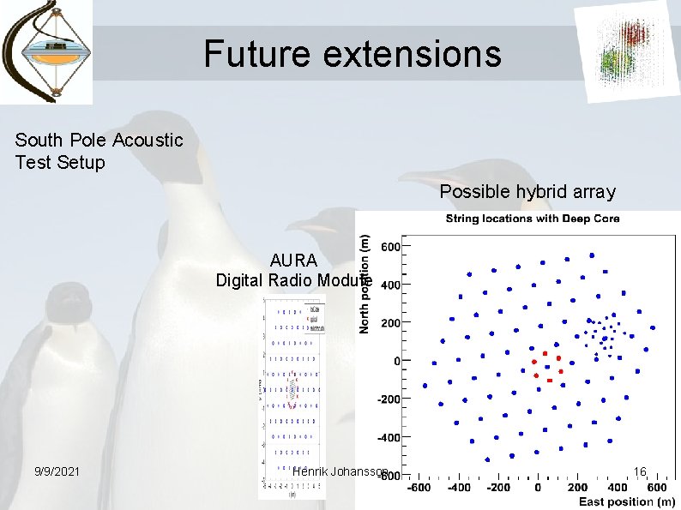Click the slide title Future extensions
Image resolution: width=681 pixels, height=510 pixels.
tap(352, 54)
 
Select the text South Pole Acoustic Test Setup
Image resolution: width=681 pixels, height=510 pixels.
tap(99, 151)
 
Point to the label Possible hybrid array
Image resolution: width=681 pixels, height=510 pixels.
tap(527, 192)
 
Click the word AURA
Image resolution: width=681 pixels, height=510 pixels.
tap(293, 261)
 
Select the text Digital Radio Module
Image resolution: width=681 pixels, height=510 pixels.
tap(292, 279)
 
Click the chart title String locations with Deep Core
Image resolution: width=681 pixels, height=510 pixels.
tap(532, 219)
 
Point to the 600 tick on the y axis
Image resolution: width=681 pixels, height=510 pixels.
tap(389, 246)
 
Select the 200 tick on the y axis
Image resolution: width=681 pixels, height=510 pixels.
tap(389, 322)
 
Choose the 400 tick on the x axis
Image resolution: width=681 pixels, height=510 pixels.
tap(616, 488)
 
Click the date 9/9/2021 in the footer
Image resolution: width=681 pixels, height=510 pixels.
tap(57, 471)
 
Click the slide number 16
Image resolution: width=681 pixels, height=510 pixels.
tap(640, 471)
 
